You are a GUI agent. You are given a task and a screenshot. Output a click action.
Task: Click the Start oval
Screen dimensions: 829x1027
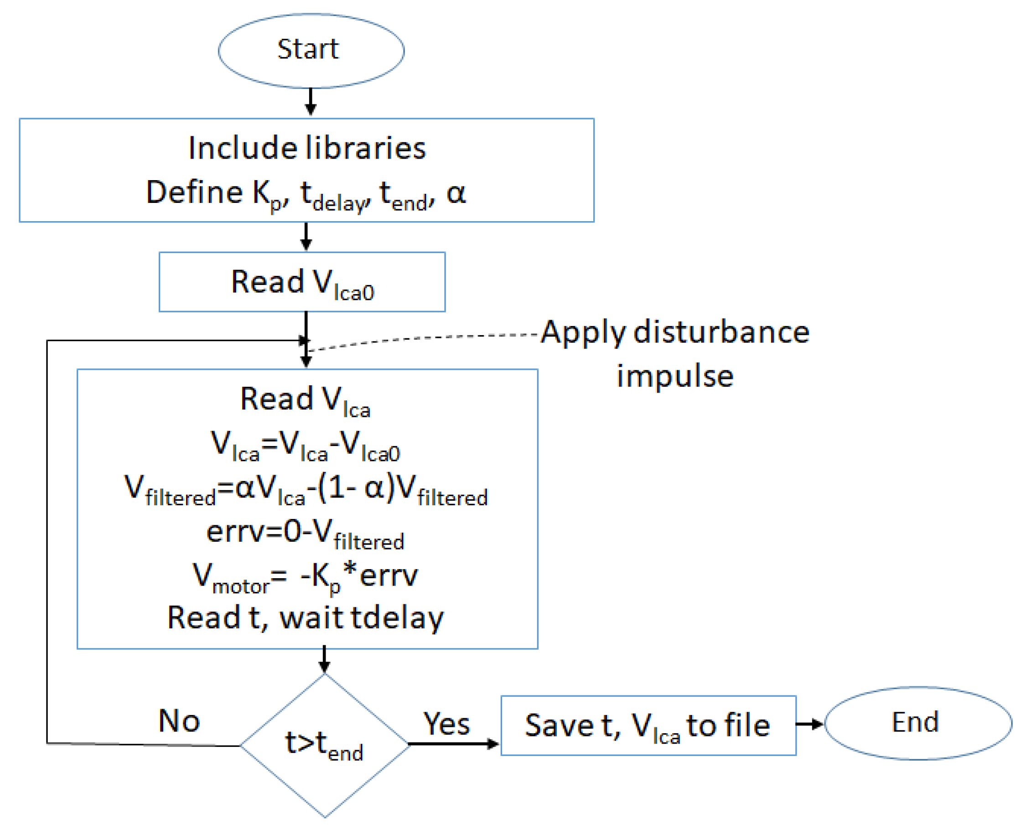point(311,50)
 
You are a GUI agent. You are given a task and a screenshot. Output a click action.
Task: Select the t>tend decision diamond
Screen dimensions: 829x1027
point(325,745)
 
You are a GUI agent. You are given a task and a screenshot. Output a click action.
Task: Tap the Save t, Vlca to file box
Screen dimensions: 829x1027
point(648,725)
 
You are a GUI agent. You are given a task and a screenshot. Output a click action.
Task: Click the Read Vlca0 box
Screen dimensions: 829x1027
point(302,282)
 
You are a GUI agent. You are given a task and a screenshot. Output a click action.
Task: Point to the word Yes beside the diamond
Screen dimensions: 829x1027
point(446,724)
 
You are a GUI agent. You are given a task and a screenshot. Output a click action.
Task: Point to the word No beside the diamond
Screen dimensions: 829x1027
point(179,720)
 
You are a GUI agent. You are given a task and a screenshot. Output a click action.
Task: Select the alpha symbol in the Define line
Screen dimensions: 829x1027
point(456,192)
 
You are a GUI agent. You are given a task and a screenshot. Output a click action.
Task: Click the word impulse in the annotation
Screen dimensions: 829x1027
point(674,376)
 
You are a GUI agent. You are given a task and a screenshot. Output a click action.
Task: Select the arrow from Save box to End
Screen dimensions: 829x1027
point(809,724)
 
